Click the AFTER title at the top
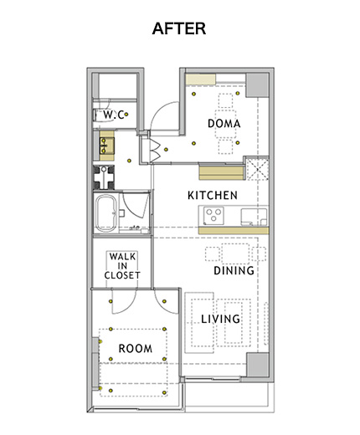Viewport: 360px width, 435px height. (179, 28)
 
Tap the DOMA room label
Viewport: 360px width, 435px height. (224, 124)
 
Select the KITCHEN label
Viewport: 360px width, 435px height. (213, 195)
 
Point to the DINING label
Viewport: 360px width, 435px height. (234, 270)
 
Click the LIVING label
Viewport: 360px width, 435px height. (220, 319)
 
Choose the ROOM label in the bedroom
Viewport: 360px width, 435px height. (136, 348)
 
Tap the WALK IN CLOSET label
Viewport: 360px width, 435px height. (122, 266)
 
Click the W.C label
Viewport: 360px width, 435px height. (114, 115)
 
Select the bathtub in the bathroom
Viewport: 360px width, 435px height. (105, 212)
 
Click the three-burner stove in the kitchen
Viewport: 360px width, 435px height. (213, 215)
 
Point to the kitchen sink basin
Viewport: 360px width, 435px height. (254, 216)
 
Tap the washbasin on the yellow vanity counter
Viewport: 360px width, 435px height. (107, 146)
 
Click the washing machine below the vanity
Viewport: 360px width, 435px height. (104, 177)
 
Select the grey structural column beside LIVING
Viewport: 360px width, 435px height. (258, 365)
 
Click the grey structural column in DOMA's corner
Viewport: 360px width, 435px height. (257, 85)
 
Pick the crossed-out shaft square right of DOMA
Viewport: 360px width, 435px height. (257, 168)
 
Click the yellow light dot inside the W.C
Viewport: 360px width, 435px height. (126, 115)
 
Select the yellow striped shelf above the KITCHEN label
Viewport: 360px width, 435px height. (222, 172)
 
